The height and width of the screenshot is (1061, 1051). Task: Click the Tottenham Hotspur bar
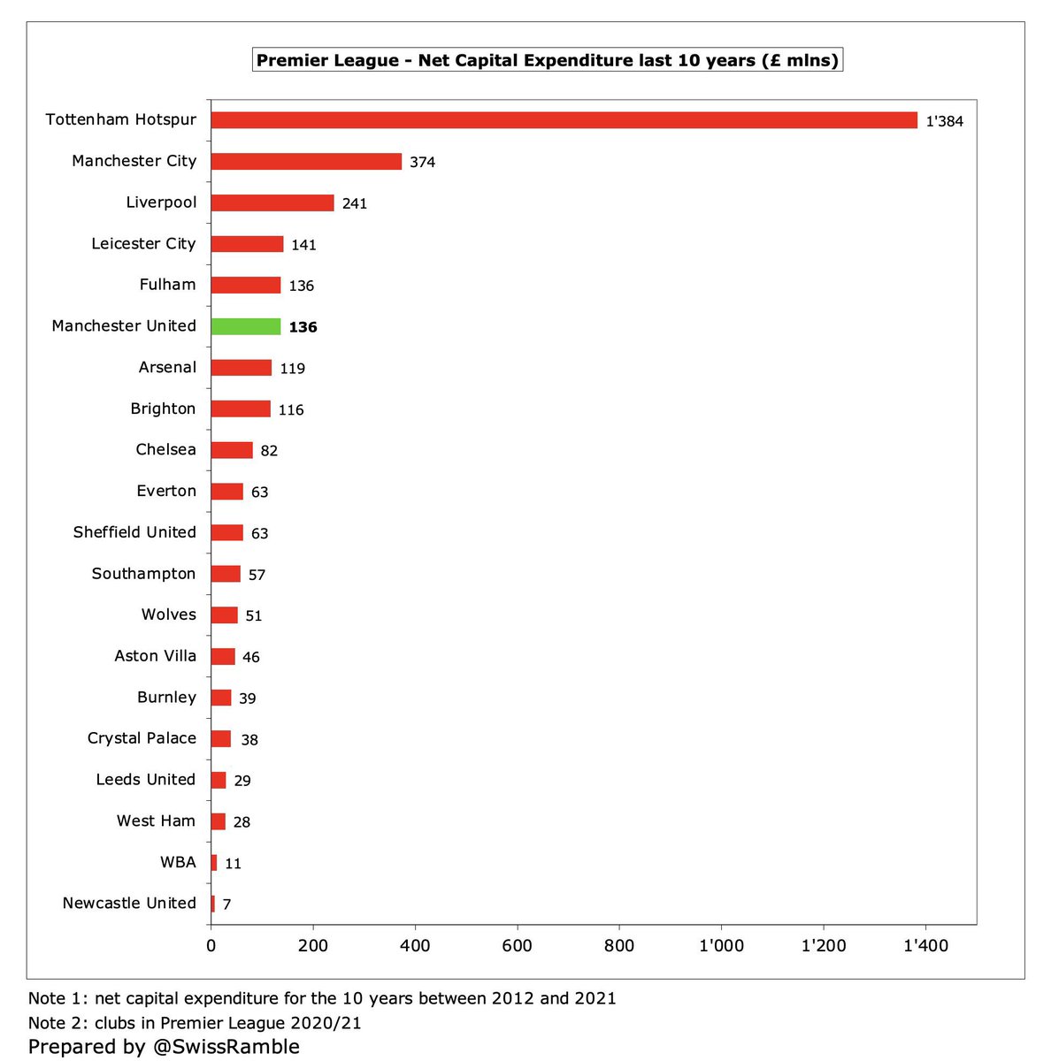564,120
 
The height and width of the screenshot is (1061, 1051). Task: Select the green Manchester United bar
246,326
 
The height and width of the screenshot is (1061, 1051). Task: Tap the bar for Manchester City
306,162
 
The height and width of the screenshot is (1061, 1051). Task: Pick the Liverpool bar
272,202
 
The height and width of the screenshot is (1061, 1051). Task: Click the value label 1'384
944,121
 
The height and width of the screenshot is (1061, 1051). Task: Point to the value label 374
422,163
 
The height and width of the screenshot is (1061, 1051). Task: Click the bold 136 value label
303,327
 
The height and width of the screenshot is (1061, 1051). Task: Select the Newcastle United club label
129,903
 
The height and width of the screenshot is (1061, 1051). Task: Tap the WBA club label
178,862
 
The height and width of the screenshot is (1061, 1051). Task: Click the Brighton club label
163,408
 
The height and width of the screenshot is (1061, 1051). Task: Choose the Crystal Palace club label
142,738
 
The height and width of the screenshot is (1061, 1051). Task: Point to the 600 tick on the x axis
517,946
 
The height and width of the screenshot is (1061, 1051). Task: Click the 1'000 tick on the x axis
721,946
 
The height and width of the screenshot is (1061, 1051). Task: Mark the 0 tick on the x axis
211,946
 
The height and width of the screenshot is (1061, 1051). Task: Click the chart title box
547,61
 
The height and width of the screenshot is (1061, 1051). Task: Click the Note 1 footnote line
322,998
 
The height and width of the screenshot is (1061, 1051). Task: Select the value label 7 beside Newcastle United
226,905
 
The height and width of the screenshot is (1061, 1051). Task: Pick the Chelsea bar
232,450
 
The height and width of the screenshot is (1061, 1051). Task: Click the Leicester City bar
247,244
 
